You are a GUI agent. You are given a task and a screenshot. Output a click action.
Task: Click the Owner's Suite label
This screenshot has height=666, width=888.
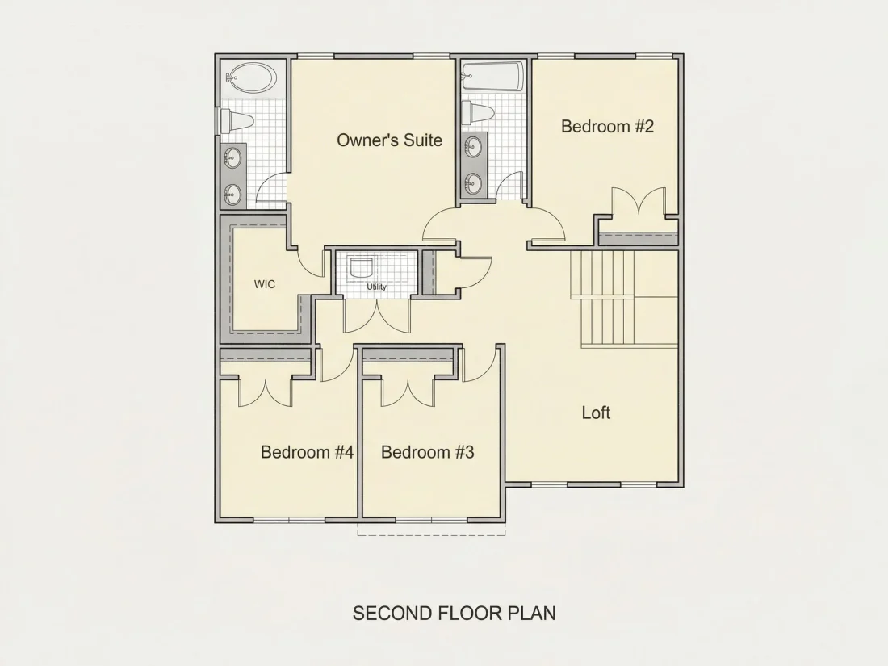tap(390, 140)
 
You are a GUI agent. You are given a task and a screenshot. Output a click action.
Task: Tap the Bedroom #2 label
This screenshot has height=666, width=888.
tap(607, 126)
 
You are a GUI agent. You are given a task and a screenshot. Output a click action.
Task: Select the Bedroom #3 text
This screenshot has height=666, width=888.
tap(428, 452)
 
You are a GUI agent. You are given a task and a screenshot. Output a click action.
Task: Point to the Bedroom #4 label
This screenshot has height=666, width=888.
tap(307, 452)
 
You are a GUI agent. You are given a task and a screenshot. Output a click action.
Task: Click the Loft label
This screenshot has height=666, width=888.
tap(596, 413)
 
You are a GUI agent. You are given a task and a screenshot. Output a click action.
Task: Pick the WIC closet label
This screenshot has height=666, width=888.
tap(265, 283)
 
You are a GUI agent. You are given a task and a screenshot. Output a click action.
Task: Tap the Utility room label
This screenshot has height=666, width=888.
tap(377, 287)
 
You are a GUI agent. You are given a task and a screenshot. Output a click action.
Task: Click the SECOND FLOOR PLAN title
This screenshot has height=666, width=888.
tap(454, 613)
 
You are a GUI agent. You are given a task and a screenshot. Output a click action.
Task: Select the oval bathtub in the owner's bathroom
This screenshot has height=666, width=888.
tap(252, 77)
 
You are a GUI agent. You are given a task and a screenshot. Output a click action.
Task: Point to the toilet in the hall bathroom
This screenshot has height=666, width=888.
tap(477, 113)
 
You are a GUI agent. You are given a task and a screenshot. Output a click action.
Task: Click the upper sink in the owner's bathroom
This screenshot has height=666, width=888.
tap(232, 158)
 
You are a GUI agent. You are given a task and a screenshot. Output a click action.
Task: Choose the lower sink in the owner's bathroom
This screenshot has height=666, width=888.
tap(232, 195)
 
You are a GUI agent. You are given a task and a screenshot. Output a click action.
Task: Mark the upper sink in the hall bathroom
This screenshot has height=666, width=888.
tap(473, 147)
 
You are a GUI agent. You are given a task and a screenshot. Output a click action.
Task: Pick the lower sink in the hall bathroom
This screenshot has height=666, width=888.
tap(473, 183)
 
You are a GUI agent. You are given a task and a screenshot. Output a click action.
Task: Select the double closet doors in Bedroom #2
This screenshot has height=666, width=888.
tap(639, 202)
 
